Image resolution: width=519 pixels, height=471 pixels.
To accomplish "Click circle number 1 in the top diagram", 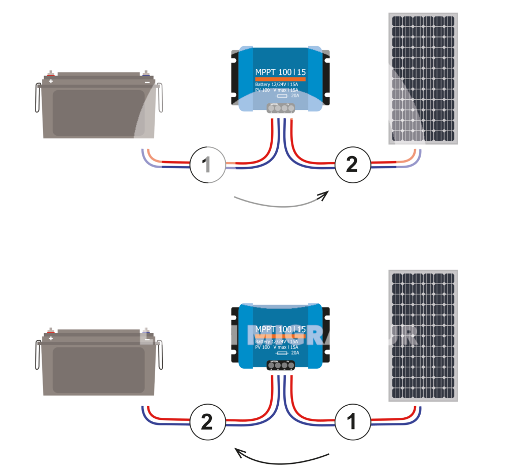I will (x=207, y=165).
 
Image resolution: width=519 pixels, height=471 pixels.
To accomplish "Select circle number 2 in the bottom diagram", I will (x=207, y=422).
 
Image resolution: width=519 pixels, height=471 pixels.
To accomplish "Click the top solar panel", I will (x=424, y=78).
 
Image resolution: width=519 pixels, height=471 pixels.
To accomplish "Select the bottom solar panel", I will (x=424, y=336).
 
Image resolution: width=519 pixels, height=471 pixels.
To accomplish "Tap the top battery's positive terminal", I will (x=51, y=76).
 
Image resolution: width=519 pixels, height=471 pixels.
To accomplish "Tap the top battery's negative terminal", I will (x=146, y=76).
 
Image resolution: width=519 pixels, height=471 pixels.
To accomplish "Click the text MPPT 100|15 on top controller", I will (x=280, y=72).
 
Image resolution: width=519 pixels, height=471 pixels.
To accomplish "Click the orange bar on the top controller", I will (x=280, y=80).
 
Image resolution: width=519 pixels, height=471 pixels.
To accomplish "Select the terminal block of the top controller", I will (x=281, y=107).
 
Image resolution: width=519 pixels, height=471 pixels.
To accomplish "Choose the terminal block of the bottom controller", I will (x=281, y=365).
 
